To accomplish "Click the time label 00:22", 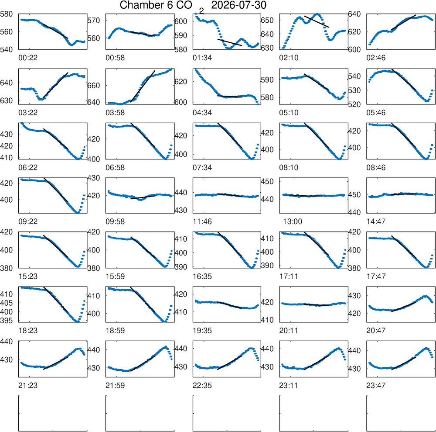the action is pos(28,58).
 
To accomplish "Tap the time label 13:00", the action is pos(293,221).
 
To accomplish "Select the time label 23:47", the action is pos(376,385).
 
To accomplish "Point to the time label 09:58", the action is pos(115,221).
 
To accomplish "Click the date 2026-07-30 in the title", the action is pos(238,5).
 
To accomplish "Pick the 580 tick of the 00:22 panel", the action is pos(7,14).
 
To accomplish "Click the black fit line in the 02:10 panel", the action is pos(317,21).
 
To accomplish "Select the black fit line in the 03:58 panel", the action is pos(143,86).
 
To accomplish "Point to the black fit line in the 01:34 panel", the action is pos(230,42).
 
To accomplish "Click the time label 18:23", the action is pos(28,331).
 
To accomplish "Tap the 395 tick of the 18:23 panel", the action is pos(7,321).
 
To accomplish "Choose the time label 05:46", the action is pos(376,113).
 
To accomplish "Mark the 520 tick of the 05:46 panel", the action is pos(354,104).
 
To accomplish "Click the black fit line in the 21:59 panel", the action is pos(143,363).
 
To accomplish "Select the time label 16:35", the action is pos(202,276).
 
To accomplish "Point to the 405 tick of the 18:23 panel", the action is pos(7,303).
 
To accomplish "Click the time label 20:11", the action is pos(289,331).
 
